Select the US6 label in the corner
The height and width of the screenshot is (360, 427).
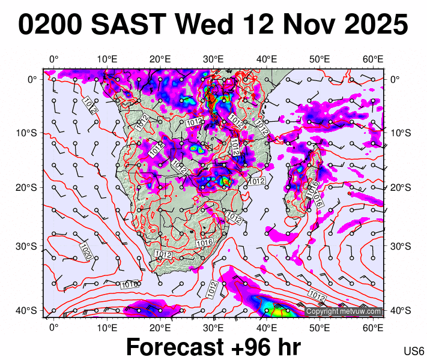(x=414, y=351)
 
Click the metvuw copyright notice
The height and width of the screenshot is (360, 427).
(x=344, y=311)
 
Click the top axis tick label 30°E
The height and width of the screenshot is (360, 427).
(x=213, y=59)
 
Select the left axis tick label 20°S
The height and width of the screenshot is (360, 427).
(x=29, y=187)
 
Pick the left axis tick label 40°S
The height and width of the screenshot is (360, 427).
(x=29, y=310)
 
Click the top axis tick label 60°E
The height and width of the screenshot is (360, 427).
(x=373, y=59)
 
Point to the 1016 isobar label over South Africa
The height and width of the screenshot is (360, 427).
(x=204, y=242)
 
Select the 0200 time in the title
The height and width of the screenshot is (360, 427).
(x=50, y=25)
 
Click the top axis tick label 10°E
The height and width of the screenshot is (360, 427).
(x=106, y=59)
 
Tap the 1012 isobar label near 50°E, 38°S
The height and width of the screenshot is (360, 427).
(x=316, y=295)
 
